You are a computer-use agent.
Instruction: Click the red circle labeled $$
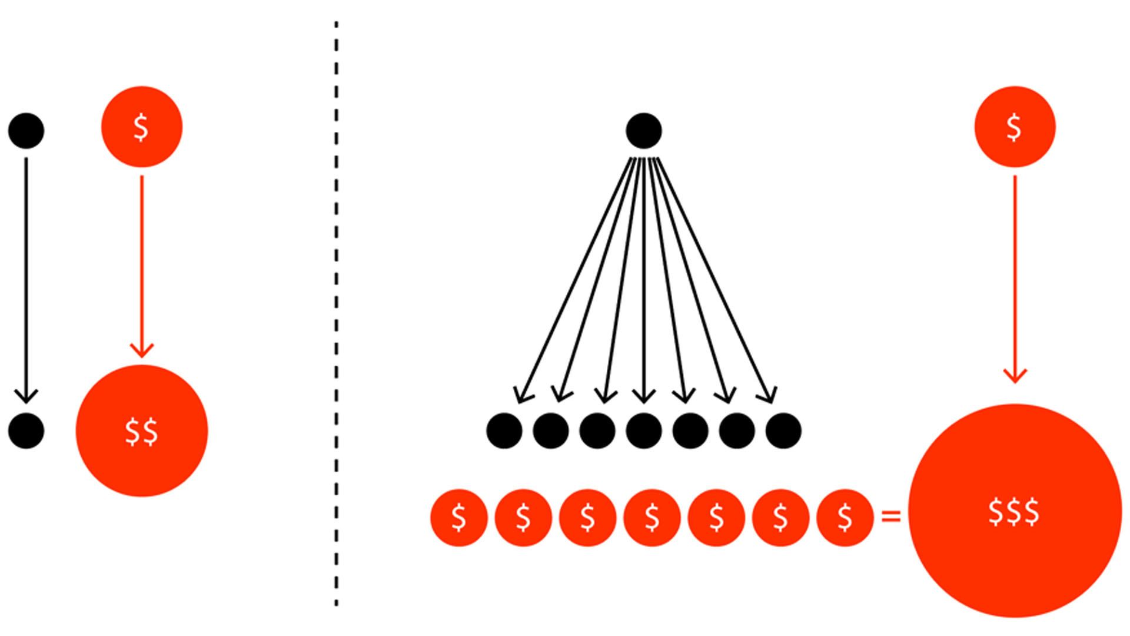click(x=142, y=430)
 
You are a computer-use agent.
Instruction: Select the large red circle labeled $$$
click(x=1015, y=511)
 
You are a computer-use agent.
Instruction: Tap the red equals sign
click(x=891, y=517)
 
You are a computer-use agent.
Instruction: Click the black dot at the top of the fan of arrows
click(x=644, y=130)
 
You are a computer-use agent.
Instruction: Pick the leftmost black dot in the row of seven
click(x=504, y=430)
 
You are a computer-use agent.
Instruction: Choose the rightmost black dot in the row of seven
click(x=783, y=430)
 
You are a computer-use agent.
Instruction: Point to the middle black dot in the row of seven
click(x=644, y=430)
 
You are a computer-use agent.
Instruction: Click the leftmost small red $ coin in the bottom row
click(x=459, y=518)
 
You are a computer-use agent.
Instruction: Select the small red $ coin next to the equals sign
click(x=845, y=518)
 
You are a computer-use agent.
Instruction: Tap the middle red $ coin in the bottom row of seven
click(x=652, y=518)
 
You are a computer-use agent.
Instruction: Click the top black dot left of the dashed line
click(x=26, y=130)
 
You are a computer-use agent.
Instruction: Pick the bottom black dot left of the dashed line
click(x=26, y=430)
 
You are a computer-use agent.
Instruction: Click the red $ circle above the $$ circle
click(x=142, y=127)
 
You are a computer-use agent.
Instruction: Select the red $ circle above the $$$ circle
click(x=1015, y=127)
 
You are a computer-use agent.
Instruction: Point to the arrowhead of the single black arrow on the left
click(x=26, y=397)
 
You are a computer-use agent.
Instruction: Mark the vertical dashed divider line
click(x=336, y=312)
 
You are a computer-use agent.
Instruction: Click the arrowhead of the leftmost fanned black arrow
click(x=519, y=397)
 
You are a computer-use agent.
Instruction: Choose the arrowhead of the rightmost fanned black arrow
click(x=771, y=397)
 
